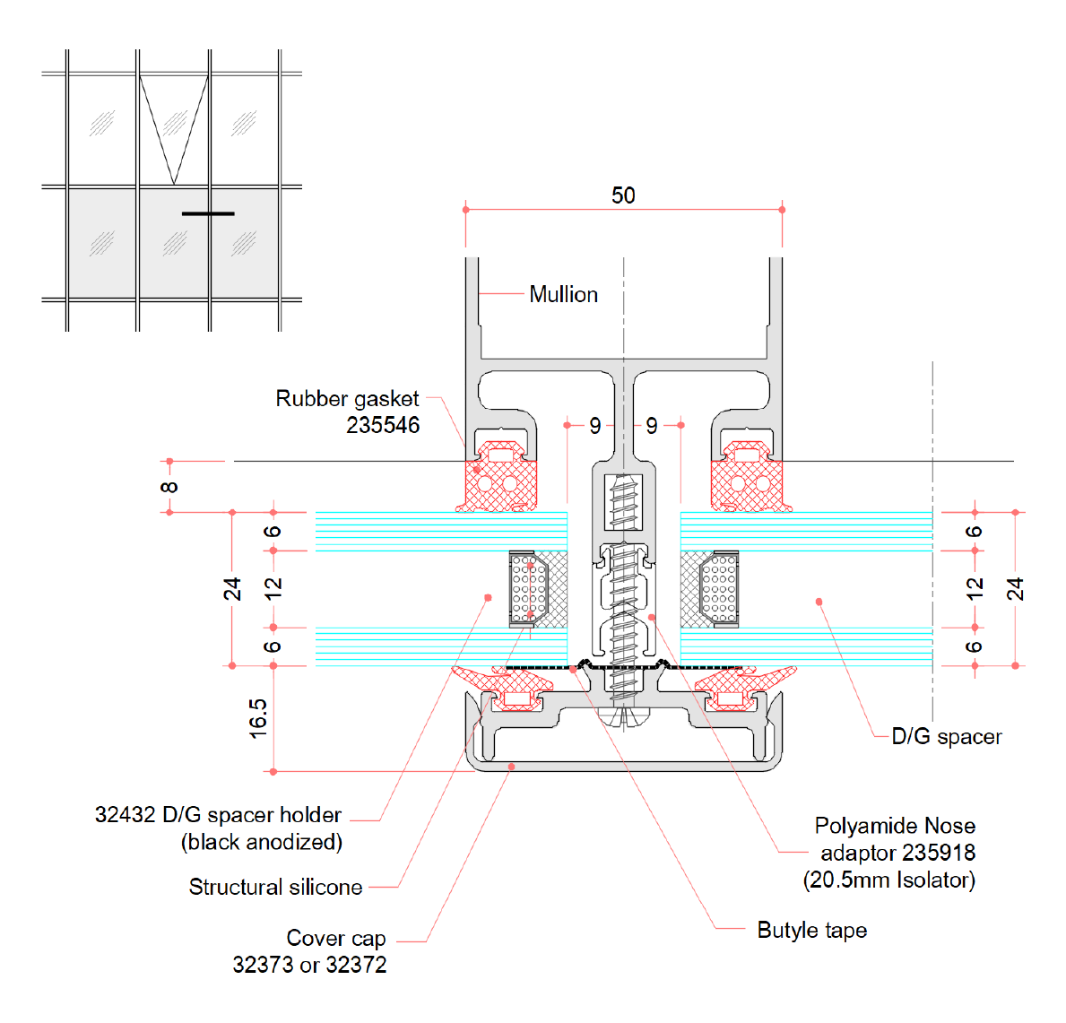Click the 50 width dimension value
(623, 195)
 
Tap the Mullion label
(564, 294)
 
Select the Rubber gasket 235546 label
(347, 412)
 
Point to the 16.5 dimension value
(257, 718)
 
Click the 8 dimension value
(169, 487)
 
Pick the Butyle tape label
(811, 930)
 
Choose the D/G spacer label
(947, 736)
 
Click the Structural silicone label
(275, 887)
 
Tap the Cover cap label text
(309, 951)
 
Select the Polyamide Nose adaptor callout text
(889, 853)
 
